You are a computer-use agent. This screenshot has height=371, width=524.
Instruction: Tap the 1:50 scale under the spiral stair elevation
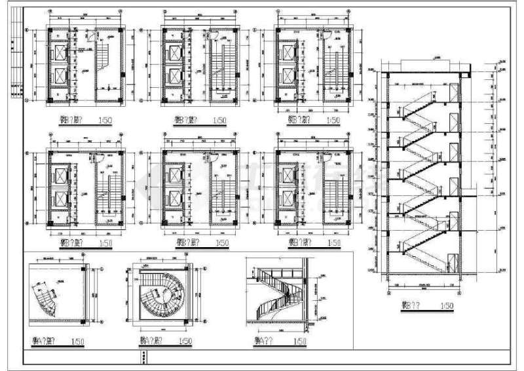[301, 342]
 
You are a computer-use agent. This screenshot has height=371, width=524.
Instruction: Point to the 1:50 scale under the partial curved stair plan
[77, 342]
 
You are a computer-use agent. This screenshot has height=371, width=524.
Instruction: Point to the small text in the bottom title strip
[143, 358]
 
